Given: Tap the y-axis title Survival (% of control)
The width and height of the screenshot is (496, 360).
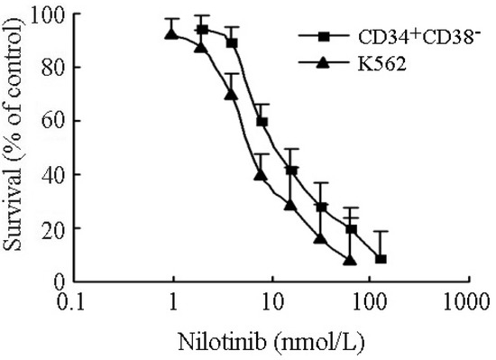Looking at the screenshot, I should [16, 149].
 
